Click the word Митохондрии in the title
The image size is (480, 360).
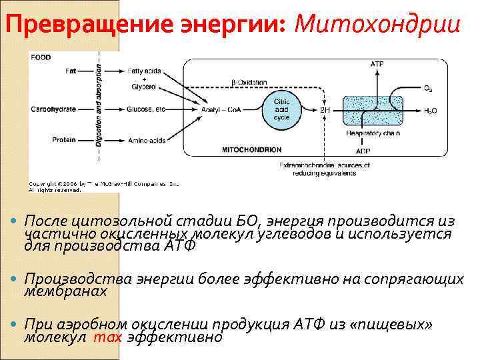tap(377, 24)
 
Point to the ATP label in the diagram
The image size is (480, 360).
tap(377, 64)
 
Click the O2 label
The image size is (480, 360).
tap(427, 87)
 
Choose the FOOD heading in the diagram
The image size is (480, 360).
tap(41, 57)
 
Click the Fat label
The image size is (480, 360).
tap(71, 71)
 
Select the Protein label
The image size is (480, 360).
tap(65, 140)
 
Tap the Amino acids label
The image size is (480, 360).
tap(148, 140)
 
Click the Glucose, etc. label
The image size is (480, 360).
tap(149, 109)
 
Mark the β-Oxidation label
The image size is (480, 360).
tap(249, 83)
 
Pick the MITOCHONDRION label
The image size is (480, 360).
tap(252, 149)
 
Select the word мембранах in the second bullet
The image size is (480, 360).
tap(65, 291)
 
